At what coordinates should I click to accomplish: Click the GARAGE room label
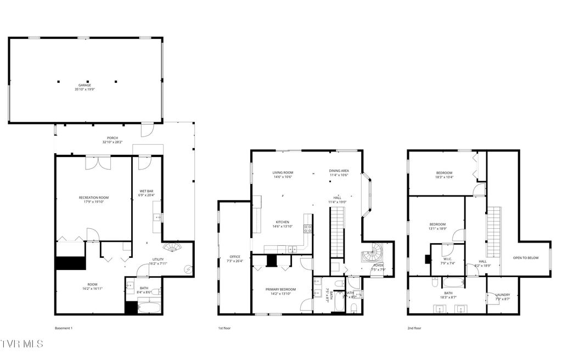[x=85, y=85]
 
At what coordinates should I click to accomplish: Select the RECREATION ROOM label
[x=93, y=197]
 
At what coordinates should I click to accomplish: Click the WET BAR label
[x=147, y=191]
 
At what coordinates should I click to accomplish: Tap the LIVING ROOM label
[x=283, y=172]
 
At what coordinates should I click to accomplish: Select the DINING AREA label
[x=339, y=170]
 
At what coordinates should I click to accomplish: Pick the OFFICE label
[x=235, y=257]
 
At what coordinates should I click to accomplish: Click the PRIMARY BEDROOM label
[x=280, y=289]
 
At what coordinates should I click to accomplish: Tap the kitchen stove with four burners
[x=308, y=229]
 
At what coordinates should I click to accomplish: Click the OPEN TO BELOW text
[x=525, y=257]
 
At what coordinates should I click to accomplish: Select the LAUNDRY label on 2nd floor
[x=502, y=295]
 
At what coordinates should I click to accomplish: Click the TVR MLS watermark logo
[x=22, y=344]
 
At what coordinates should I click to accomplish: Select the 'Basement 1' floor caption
[x=64, y=328]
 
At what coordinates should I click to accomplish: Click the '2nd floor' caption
[x=414, y=328]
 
